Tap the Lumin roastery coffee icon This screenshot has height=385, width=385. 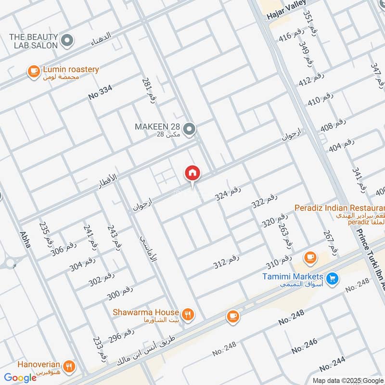click(x=33, y=71)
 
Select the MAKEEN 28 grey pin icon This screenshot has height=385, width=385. click(x=190, y=128)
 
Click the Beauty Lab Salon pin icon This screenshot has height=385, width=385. click(x=67, y=40)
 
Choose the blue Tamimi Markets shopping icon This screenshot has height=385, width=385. click(x=331, y=278)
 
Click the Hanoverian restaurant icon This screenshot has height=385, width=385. click(x=71, y=366)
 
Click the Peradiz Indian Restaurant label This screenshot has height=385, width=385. click(x=340, y=209)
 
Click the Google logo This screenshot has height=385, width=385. click(x=20, y=377)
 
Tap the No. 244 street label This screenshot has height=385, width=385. click(x=332, y=364)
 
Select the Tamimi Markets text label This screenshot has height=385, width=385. click(x=293, y=277)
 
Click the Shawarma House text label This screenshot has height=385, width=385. click(x=146, y=312)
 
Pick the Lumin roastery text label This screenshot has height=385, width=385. click(x=70, y=69)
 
